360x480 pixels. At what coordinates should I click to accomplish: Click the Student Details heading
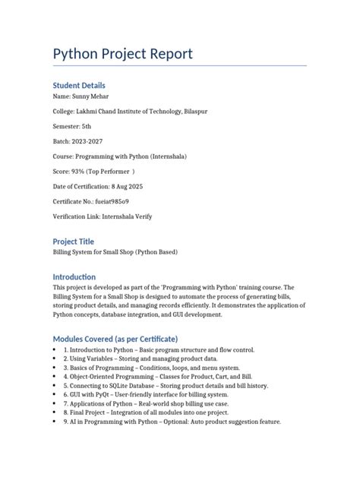click(x=79, y=85)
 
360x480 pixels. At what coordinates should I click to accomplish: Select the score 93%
click(x=79, y=171)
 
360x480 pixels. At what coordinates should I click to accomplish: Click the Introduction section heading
click(x=74, y=276)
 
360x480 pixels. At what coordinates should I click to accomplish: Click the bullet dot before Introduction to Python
click(x=55, y=350)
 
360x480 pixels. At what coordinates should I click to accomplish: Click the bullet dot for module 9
click(x=55, y=422)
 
